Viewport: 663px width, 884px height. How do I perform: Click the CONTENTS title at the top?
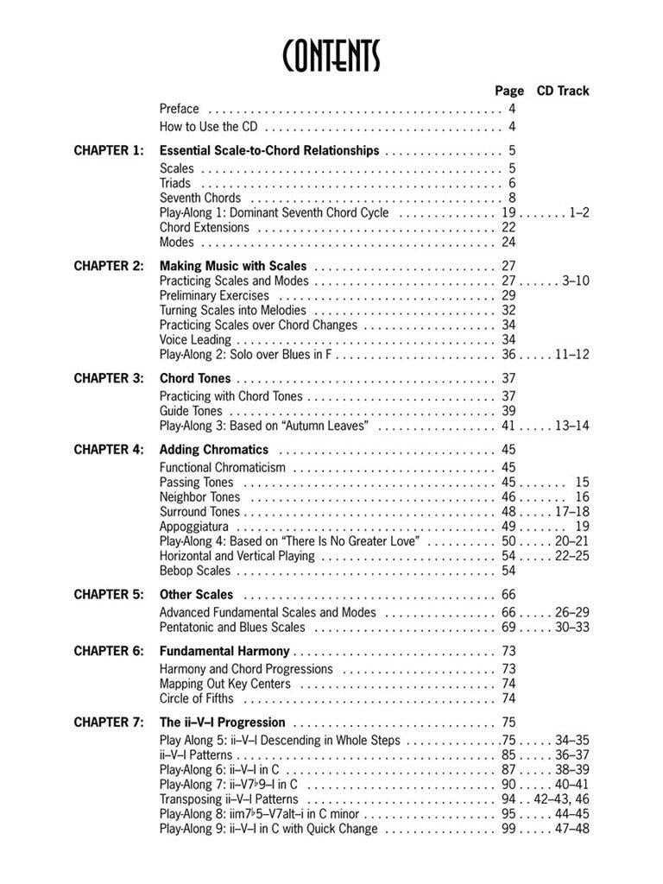(x=331, y=56)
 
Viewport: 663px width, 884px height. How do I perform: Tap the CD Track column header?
(x=563, y=91)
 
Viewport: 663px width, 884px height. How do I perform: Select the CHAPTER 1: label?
(x=109, y=150)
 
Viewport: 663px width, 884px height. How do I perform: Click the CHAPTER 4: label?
(x=109, y=450)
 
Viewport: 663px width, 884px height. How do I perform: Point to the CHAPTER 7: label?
(x=109, y=722)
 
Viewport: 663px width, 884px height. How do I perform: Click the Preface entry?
(x=180, y=109)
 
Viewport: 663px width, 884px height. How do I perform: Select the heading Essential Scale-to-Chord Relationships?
(x=269, y=150)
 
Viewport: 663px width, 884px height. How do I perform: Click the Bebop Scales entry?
(x=195, y=571)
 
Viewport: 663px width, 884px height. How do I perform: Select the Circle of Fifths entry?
(x=196, y=698)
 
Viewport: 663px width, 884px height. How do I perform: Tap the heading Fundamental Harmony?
(x=224, y=651)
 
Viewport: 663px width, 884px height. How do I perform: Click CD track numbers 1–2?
(x=579, y=212)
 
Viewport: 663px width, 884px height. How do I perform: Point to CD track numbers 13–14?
(x=572, y=426)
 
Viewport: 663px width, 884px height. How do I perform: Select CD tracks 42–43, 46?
(x=562, y=799)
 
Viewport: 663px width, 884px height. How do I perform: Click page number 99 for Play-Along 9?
(x=508, y=829)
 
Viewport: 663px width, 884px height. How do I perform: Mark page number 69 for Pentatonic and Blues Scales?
(x=508, y=627)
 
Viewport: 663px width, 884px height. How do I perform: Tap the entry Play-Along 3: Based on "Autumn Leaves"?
(x=265, y=426)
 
